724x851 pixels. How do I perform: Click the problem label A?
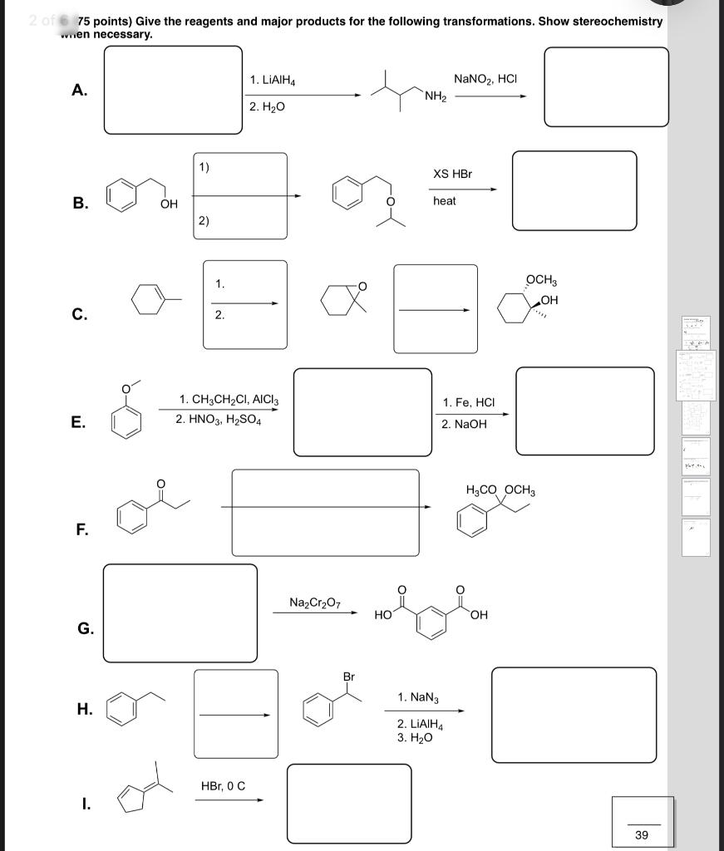click(x=80, y=91)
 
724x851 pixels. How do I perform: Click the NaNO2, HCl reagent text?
click(x=486, y=79)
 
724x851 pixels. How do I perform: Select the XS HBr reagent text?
click(x=452, y=174)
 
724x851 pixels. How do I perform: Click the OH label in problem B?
click(x=169, y=204)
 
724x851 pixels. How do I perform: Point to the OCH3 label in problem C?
click(x=542, y=280)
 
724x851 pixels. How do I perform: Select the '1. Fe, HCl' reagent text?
click(x=469, y=403)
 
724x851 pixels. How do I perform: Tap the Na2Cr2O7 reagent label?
click(x=314, y=602)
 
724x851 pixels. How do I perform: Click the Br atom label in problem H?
click(x=349, y=677)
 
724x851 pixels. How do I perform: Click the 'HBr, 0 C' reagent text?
click(x=223, y=785)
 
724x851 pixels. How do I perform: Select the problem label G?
click(x=86, y=629)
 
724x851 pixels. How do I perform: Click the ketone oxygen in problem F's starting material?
click(x=161, y=483)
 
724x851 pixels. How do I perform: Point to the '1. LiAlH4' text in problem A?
click(x=273, y=81)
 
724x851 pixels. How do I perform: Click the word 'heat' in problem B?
click(x=445, y=201)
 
